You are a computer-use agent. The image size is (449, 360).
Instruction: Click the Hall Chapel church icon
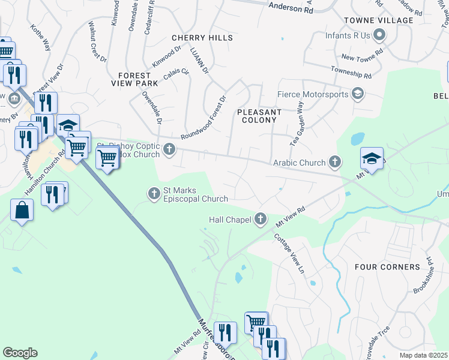point(261,220)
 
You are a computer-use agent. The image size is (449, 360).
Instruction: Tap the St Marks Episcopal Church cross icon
point(154,193)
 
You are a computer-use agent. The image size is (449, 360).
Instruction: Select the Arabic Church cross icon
point(335,162)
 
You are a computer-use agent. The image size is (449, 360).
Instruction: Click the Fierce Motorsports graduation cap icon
point(358,94)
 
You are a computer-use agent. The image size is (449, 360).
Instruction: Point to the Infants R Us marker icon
point(379,35)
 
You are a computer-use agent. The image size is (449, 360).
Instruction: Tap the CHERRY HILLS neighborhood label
point(202,37)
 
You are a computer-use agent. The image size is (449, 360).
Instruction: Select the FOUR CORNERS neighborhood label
point(387,266)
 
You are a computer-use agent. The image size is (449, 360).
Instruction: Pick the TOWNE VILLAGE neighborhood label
point(378,20)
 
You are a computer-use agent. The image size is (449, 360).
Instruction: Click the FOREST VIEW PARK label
point(134,79)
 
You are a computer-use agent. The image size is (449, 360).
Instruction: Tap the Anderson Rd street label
point(291,8)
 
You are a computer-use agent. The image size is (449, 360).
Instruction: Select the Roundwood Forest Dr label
point(204,119)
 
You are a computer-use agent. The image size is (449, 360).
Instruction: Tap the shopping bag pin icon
point(22,211)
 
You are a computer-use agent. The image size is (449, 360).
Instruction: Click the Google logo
point(20,352)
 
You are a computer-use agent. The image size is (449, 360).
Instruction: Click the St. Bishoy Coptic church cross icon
point(169,149)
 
